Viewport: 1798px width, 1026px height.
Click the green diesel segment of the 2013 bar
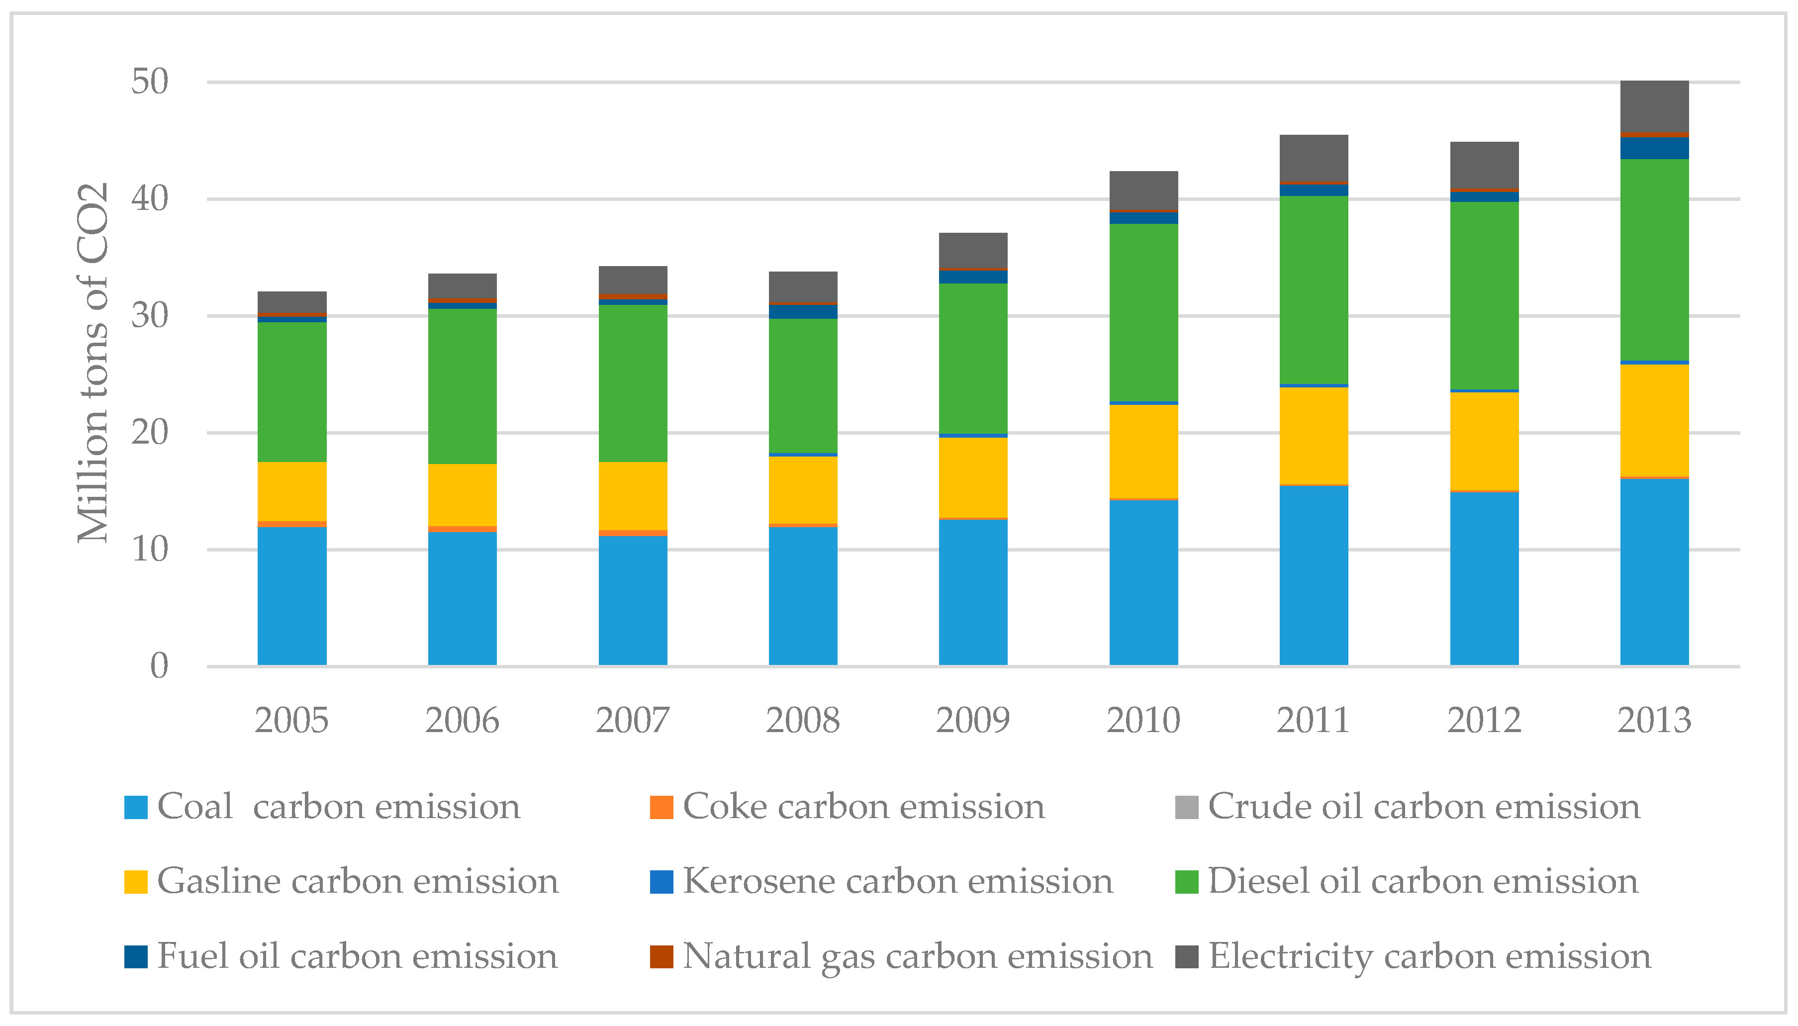1654,259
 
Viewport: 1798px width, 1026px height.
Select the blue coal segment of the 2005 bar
291,595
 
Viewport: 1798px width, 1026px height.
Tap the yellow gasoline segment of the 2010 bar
1143,451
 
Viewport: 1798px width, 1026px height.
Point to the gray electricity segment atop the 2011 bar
1313,158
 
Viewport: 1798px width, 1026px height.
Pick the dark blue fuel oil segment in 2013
1654,148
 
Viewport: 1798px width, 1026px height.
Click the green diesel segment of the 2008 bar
802,385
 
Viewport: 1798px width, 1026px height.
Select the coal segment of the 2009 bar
972,592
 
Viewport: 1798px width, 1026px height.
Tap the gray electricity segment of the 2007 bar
632,280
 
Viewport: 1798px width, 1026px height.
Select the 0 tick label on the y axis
159,666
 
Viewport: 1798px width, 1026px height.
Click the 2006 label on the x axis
462,720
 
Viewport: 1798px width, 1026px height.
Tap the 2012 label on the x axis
1484,720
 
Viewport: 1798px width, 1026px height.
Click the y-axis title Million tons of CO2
93,363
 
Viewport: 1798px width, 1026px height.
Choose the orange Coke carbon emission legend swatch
661,807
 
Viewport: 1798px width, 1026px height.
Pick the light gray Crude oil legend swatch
1186,807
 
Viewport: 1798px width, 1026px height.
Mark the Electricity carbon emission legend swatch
1186,956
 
